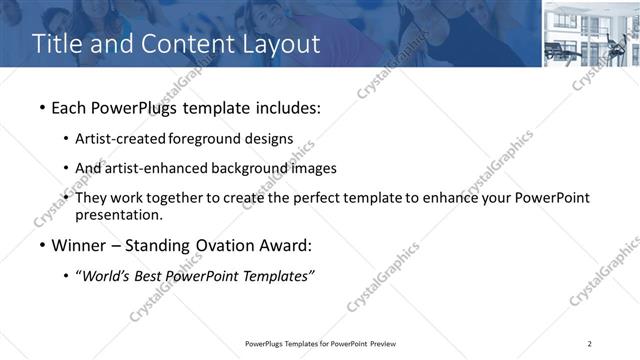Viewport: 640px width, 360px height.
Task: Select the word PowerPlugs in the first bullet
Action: [x=136, y=106]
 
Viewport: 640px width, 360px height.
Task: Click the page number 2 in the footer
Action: [x=589, y=344]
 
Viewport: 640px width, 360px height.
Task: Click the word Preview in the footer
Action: [x=388, y=344]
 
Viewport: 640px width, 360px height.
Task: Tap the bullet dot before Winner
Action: [x=41, y=245]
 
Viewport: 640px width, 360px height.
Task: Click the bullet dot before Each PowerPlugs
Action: [x=41, y=106]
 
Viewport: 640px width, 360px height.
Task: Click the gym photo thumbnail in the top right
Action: [x=590, y=34]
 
